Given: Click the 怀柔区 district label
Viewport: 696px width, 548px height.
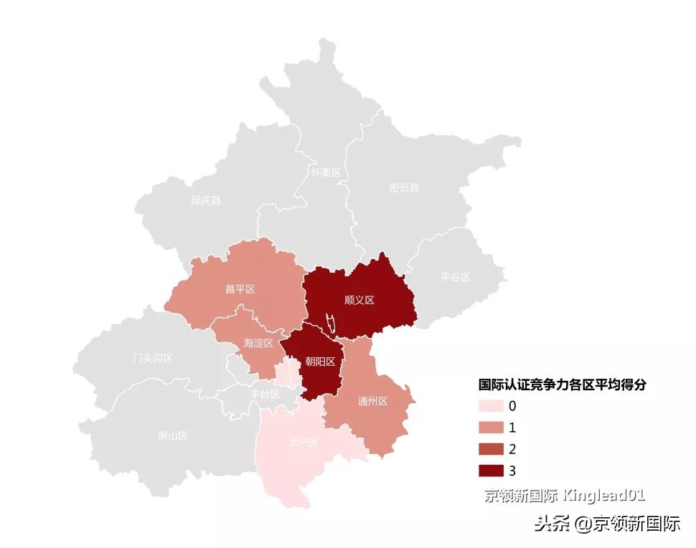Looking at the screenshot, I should point(326,173).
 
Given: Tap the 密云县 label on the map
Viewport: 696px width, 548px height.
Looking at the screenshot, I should point(404,188).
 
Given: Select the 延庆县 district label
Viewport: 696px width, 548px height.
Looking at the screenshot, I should point(206,200).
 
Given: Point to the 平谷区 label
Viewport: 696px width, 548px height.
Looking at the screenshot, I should point(455,277).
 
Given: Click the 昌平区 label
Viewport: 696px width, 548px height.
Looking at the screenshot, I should point(240,289).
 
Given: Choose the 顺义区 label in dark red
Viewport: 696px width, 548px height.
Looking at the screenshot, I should point(359,300).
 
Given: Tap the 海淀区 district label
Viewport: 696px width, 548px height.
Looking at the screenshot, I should point(258,343).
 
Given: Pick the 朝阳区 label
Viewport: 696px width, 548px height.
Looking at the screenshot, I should point(320,362).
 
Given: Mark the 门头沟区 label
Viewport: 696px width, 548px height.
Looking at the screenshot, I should point(153,358).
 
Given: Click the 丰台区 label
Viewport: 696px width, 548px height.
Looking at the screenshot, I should point(264,394).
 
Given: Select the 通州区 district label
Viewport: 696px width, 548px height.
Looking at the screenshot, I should point(372,401).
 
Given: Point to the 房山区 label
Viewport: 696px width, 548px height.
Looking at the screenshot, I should point(172,435).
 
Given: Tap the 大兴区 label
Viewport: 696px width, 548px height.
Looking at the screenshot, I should point(303,443).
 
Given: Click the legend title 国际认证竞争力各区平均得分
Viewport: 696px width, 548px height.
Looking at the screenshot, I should point(563,384).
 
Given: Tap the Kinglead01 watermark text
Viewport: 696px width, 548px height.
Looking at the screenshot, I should point(604,495).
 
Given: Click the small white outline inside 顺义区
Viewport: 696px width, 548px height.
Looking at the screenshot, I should point(331,323).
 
